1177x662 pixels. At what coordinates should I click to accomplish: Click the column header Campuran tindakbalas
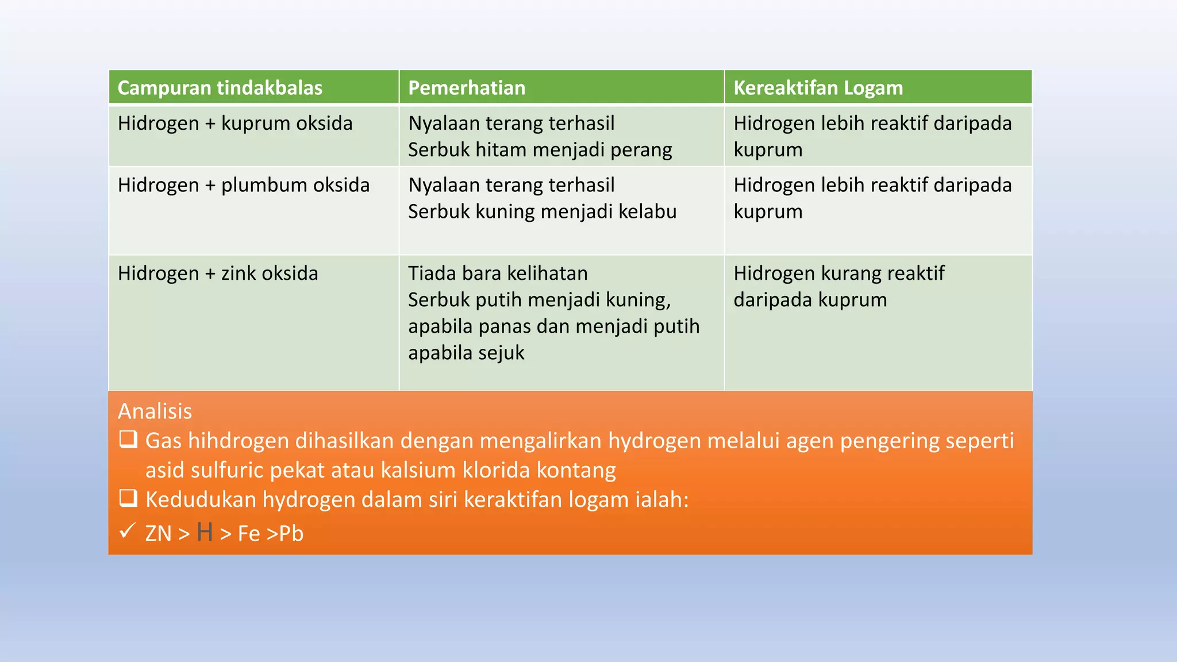pos(220,88)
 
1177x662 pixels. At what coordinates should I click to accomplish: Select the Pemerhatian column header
pos(467,88)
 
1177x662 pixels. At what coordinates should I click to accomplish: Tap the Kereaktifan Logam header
pos(818,88)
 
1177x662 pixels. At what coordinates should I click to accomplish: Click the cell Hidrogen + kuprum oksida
pos(235,124)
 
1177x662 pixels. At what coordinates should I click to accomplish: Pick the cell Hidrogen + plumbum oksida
pos(244,185)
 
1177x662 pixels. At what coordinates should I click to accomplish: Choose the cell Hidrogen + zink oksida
pos(218,274)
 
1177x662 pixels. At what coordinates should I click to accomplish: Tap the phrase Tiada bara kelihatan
pos(498,274)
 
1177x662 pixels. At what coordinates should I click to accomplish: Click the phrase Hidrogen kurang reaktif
pos(838,274)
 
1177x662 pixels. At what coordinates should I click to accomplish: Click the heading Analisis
pos(155,411)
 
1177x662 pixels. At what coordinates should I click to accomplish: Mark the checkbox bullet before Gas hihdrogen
pos(128,440)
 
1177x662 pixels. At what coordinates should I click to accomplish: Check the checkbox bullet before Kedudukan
pos(128,498)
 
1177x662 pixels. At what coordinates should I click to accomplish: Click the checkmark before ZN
pos(127,530)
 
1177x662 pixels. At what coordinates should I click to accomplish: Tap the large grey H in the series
pos(205,533)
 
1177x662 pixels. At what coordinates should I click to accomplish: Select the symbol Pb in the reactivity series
pos(291,534)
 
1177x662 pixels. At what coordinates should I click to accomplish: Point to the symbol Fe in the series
pos(249,534)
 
